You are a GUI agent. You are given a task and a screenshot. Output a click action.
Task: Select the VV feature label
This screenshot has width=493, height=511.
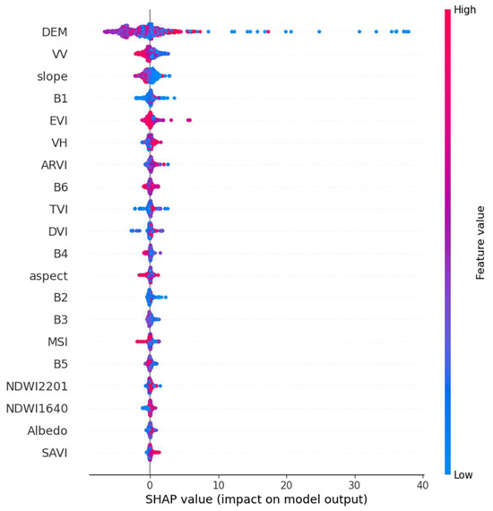[x=64, y=55]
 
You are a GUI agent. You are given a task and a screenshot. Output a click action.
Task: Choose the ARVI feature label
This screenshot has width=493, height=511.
[x=56, y=164]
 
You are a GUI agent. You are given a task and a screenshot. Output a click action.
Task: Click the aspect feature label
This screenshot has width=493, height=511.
[x=50, y=275]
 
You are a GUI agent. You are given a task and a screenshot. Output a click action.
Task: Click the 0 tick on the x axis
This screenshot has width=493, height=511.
[x=150, y=484]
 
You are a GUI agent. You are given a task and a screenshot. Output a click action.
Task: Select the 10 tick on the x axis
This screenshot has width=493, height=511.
[x=218, y=484]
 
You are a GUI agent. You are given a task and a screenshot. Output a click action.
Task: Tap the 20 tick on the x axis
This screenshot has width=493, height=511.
[x=286, y=484]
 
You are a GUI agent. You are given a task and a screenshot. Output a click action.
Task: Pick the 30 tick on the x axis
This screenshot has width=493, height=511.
[x=354, y=484]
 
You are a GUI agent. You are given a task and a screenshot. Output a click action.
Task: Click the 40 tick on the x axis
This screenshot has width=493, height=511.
[x=422, y=484]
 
